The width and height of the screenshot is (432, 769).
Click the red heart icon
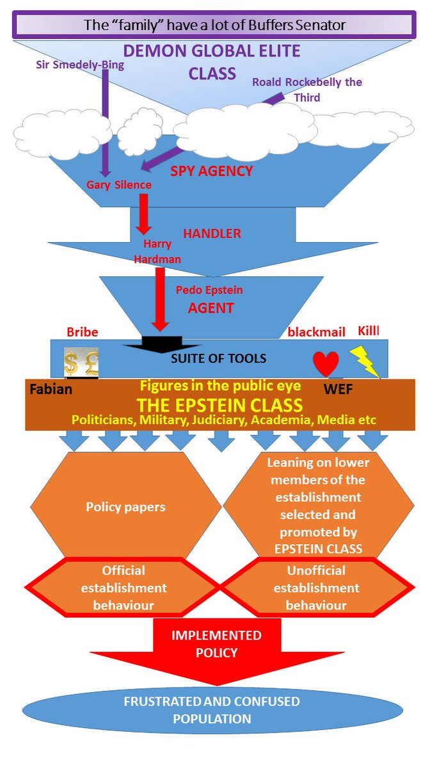click(326, 363)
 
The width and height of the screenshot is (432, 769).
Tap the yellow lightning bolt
click(365, 362)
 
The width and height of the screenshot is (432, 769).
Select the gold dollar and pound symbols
click(81, 362)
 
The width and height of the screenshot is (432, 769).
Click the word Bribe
click(83, 332)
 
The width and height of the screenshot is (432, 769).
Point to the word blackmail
click(316, 332)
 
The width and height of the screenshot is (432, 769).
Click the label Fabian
click(51, 390)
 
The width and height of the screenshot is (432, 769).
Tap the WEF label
click(338, 390)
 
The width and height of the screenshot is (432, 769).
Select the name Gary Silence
click(118, 185)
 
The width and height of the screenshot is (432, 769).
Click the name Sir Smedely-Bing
click(80, 65)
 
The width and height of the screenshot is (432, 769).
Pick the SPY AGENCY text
click(212, 171)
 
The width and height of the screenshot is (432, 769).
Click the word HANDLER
click(212, 233)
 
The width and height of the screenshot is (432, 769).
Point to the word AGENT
click(211, 308)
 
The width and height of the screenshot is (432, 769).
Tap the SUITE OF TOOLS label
click(218, 358)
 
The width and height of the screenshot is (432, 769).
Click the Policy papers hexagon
click(126, 507)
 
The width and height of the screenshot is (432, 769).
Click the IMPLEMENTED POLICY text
click(216, 643)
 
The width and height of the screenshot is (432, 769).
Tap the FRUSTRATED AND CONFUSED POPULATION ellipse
click(212, 710)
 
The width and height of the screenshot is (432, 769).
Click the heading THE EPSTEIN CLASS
click(220, 405)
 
